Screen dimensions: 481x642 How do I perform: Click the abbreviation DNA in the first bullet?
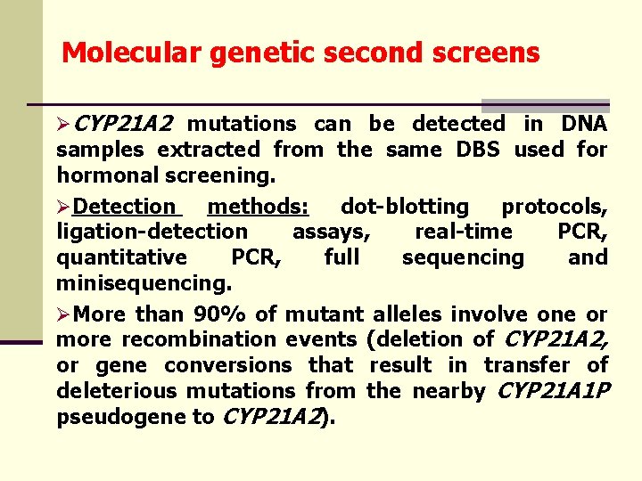583,124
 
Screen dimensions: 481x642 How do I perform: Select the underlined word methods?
258,207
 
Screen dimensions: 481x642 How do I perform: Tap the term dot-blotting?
405,207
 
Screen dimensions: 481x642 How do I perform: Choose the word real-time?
464,232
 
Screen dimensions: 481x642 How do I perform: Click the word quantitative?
122,257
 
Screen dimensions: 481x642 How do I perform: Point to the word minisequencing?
144,283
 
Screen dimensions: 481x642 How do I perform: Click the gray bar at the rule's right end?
545,104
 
